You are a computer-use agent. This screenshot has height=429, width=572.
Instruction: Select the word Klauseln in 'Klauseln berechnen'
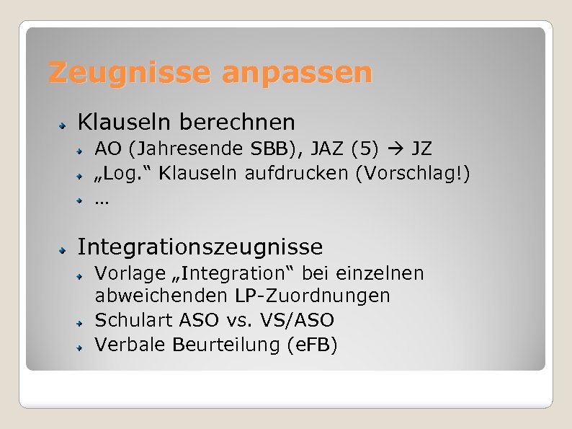point(124,122)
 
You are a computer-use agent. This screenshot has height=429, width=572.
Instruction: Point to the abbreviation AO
point(109,149)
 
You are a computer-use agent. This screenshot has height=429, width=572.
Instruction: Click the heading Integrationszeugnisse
point(200,247)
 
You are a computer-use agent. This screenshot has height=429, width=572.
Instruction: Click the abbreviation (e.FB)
point(311,345)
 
